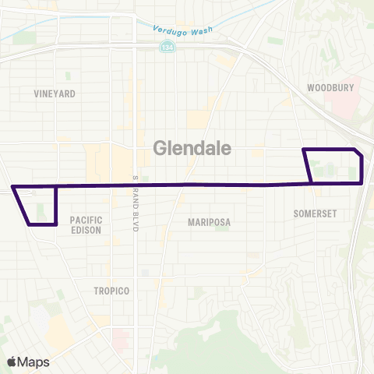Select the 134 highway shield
[146, 47]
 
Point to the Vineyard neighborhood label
[54, 93]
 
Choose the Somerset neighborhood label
[314, 212]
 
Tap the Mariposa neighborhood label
[210, 222]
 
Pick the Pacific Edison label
[86, 224]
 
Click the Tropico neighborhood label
[111, 290]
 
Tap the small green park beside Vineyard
[68, 76]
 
